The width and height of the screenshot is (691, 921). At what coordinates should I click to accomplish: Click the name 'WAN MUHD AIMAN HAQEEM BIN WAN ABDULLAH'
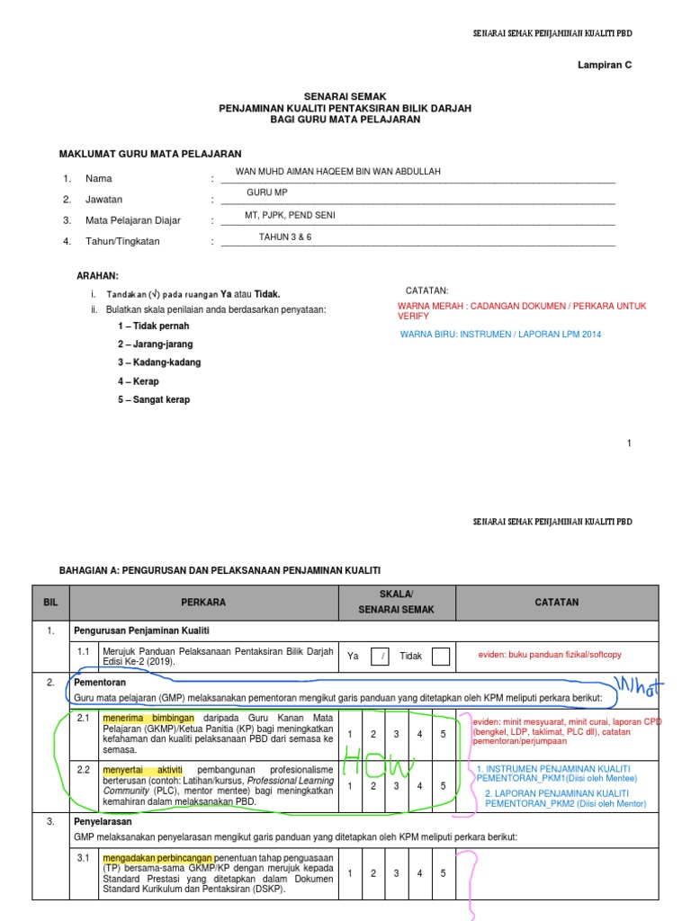click(338, 171)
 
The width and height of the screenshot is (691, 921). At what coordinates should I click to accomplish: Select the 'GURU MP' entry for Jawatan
click(267, 192)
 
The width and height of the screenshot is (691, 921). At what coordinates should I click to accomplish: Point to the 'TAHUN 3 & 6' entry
click(285, 237)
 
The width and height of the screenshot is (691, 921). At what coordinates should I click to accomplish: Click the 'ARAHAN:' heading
click(96, 275)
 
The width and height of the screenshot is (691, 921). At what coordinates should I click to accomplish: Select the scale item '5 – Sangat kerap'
click(154, 399)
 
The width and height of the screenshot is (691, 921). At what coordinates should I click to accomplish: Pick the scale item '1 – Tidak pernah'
click(153, 326)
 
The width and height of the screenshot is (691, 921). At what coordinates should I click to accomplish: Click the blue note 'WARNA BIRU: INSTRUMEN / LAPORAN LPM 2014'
click(501, 335)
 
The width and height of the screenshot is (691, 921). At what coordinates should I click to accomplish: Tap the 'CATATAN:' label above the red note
click(427, 290)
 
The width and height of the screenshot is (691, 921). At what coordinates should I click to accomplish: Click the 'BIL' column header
click(49, 602)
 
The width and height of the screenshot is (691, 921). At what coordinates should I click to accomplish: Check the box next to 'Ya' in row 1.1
click(383, 657)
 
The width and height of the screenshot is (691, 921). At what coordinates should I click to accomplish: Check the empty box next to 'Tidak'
click(440, 657)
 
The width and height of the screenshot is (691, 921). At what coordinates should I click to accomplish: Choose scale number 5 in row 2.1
click(442, 735)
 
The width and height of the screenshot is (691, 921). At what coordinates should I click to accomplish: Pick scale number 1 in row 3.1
click(350, 873)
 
